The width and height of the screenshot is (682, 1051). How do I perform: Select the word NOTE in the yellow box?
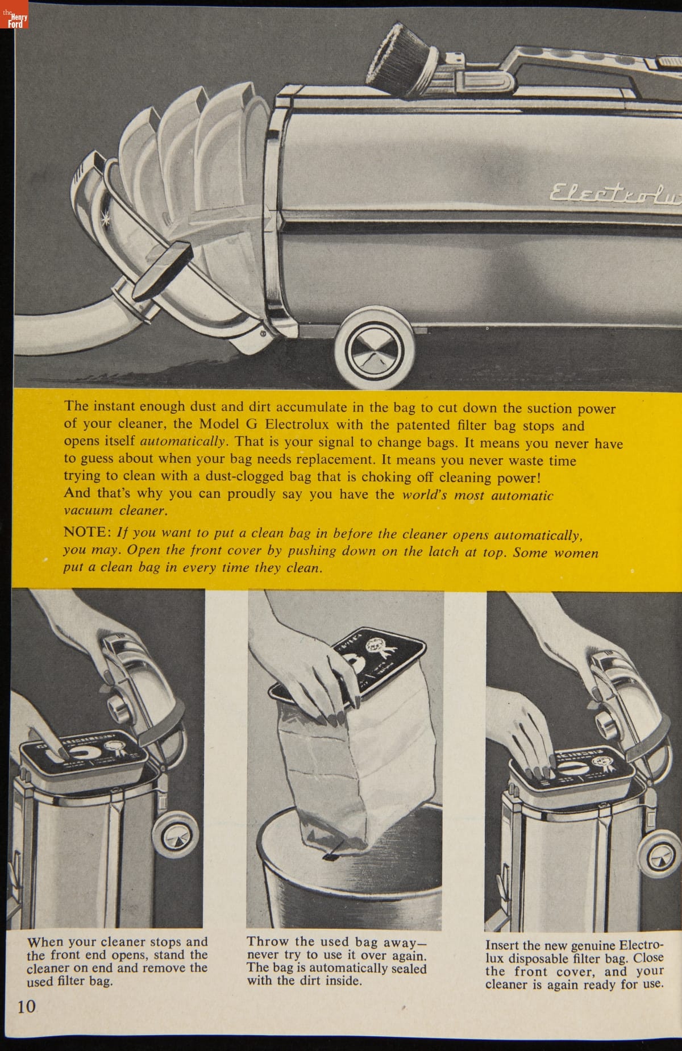click(x=87, y=531)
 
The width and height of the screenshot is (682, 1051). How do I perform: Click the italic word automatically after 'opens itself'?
click(x=184, y=442)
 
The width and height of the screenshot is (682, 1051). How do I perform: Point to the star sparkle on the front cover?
click(x=120, y=232)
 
